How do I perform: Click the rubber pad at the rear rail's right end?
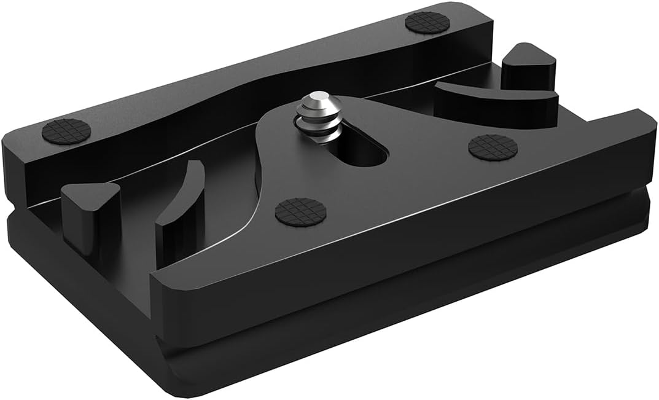[x=427, y=23]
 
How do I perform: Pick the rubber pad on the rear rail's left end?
[x=66, y=131]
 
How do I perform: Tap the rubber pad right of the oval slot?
[x=491, y=147]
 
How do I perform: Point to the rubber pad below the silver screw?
[x=300, y=212]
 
